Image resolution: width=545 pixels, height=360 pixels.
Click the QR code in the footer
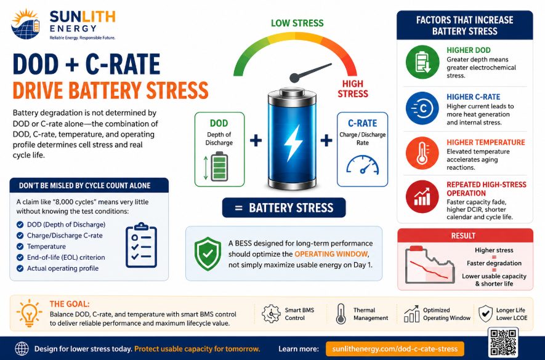tap(504, 342)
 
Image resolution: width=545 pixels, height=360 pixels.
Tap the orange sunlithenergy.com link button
tap(395, 349)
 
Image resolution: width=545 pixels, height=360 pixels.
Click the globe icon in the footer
tap(22, 348)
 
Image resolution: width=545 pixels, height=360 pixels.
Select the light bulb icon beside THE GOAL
tap(29, 313)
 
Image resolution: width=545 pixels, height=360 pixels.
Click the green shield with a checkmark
tap(208, 254)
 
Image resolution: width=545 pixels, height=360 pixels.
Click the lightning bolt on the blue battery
tap(293, 143)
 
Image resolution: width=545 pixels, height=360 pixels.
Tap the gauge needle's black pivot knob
tap(294, 78)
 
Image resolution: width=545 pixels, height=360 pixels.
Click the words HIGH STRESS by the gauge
tap(352, 89)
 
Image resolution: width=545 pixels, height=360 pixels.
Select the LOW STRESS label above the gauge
tap(297, 23)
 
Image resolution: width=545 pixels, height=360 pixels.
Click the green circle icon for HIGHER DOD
tap(422, 62)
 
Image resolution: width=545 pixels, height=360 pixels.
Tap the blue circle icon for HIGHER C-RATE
tap(422, 108)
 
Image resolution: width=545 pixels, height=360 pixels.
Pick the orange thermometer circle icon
tap(422, 153)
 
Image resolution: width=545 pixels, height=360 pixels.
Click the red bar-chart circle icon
tap(422, 197)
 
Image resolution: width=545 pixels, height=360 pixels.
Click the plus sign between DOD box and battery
tap(256, 140)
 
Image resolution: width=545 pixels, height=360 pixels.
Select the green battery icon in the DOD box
tap(219, 166)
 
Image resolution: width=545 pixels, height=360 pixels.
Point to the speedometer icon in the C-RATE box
tap(363, 165)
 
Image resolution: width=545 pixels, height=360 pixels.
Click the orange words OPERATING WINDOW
tap(331, 254)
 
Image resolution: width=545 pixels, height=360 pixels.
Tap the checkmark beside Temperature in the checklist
tap(20, 246)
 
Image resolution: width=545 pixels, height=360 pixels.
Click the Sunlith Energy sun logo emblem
tap(25, 24)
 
